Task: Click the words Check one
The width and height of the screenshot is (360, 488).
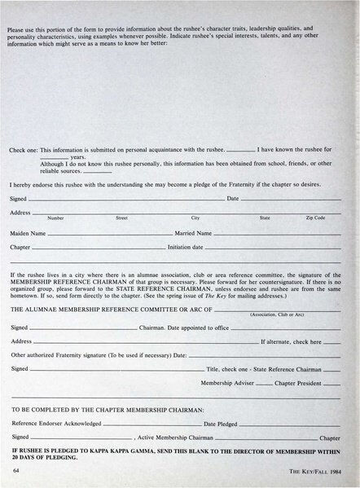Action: tap(24, 151)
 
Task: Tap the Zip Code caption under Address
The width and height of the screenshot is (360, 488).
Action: tap(315, 218)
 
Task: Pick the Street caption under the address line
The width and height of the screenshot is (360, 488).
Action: tap(122, 218)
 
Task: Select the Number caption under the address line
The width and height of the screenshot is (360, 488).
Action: tap(56, 218)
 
